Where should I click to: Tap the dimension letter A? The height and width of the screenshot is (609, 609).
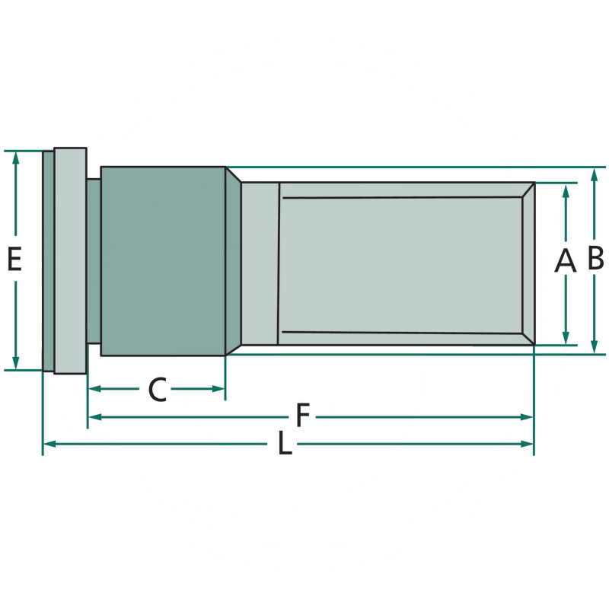point(565,260)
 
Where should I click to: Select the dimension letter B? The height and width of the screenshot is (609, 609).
point(595,257)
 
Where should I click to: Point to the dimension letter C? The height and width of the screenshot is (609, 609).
point(158,390)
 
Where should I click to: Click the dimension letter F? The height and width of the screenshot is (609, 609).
point(302,415)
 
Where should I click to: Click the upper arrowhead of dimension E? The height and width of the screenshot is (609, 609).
point(15,158)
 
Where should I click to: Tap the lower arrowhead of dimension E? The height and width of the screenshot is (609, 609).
point(15,363)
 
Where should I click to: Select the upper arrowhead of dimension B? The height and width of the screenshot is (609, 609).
point(594,175)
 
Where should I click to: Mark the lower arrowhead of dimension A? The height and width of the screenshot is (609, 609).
point(566,338)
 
